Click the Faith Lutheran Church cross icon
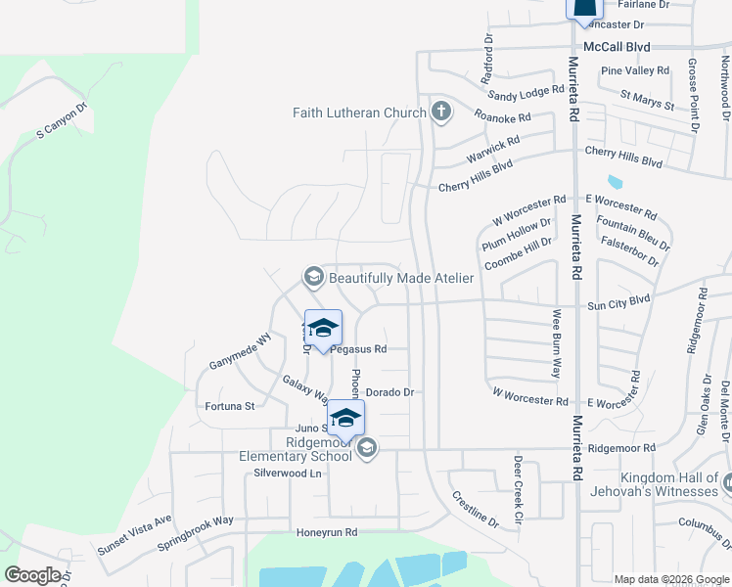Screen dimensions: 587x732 [x=440, y=112]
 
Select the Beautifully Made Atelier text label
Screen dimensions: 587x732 [x=400, y=278]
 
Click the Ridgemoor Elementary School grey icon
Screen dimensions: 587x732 [x=367, y=449]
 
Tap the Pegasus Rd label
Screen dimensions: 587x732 [x=359, y=348]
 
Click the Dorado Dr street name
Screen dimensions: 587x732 [x=390, y=392]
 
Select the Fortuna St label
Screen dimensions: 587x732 [x=229, y=405]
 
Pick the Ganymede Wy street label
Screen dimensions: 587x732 [x=240, y=351]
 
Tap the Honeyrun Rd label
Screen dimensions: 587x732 [x=328, y=533]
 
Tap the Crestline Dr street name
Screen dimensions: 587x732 [x=475, y=510]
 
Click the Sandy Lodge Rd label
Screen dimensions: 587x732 [x=526, y=92]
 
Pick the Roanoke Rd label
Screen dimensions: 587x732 [x=502, y=117]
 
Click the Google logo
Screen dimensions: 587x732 [x=32, y=575]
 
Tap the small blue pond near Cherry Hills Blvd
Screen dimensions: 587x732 [x=615, y=181]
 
